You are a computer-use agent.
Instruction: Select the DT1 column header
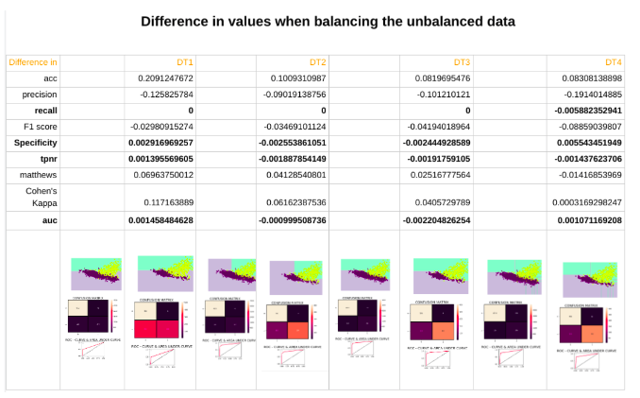pos(185,61)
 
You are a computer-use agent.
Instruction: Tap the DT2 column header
pos(318,61)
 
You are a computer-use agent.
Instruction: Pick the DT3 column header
pos(462,61)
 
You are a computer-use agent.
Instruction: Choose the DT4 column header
pos(614,61)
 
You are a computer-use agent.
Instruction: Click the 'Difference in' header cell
pos(33,61)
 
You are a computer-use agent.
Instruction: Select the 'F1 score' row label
pos(42,126)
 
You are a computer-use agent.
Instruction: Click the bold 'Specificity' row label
pos(36,142)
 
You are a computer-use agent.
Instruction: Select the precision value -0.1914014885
pos(588,95)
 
